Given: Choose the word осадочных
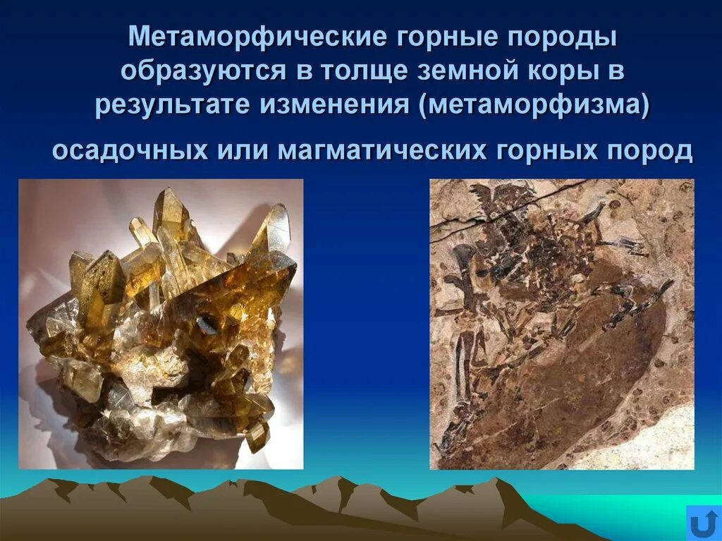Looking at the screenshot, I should [x=130, y=150].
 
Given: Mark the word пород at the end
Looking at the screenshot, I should [x=654, y=150].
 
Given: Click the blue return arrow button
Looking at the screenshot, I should [x=703, y=523].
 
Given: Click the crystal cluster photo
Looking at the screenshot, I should [x=161, y=324].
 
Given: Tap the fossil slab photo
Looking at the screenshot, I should [x=562, y=324].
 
